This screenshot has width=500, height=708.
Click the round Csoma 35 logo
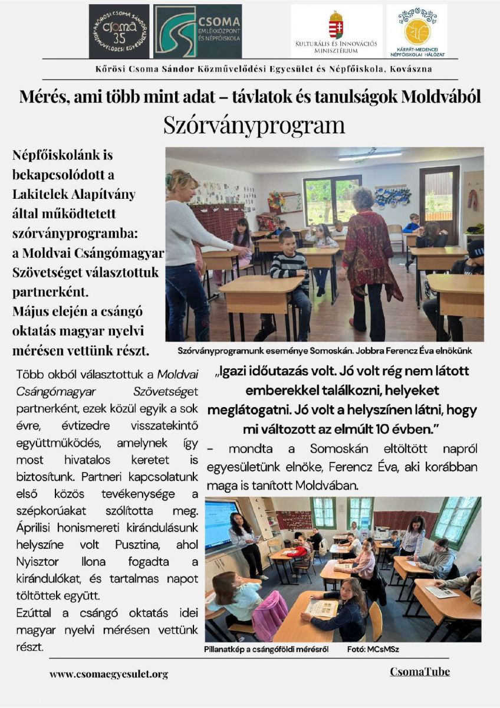pos(119,31)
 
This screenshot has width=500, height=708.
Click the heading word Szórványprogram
pos(254,125)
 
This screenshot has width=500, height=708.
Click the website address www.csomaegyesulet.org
pos(108,674)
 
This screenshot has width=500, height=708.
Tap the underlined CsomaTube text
pos(419,672)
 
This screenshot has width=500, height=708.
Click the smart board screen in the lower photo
pos(220,525)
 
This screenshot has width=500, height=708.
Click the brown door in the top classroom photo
pos(439,204)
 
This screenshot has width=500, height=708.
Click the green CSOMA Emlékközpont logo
pos(197,31)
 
